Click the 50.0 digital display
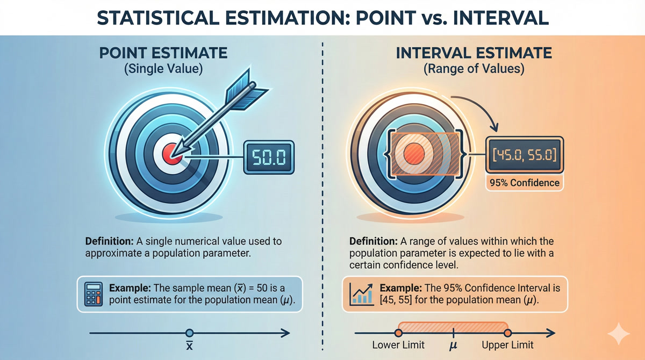pos(269,157)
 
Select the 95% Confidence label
pos(525,183)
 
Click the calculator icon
pos(94,294)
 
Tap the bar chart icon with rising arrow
pos(361,294)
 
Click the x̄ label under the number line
pos(189,345)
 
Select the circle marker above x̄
pos(189,333)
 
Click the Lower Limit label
pos(398,345)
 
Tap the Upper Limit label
pos(507,345)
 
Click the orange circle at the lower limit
pos(398,333)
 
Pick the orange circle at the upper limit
pos(507,333)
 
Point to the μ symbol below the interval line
pos(453,345)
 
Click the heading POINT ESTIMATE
pos(163,53)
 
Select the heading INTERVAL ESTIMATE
pos(474,53)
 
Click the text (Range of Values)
pos(474,69)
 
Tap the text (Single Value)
pos(163,69)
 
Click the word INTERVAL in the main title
pos(501,18)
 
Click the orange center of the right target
pos(414,155)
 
